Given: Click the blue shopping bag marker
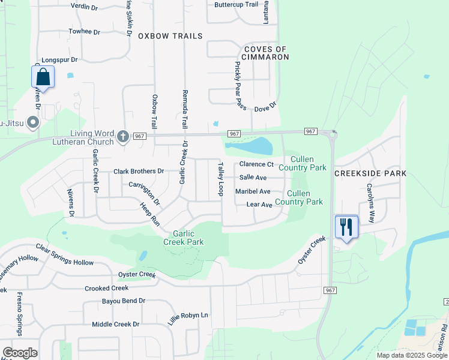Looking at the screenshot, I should click(43, 77).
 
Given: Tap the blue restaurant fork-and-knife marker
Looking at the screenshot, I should click(346, 227).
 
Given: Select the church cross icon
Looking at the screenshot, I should click(123, 136).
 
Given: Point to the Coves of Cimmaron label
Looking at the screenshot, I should click(266, 53).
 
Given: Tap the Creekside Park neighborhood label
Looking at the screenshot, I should click(370, 173).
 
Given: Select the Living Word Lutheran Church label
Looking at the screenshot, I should click(92, 137).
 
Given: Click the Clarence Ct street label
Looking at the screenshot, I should click(256, 164).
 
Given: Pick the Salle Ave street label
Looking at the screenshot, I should click(253, 178).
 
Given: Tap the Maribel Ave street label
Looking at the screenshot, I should click(253, 191).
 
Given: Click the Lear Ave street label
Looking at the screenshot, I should click(259, 205).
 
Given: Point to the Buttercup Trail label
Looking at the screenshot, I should click(237, 4).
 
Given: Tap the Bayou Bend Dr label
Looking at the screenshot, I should click(124, 301).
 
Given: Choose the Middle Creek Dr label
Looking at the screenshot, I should click(115, 325).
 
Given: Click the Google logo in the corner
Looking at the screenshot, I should click(20, 353).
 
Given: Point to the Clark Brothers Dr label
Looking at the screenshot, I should click(139, 172).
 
